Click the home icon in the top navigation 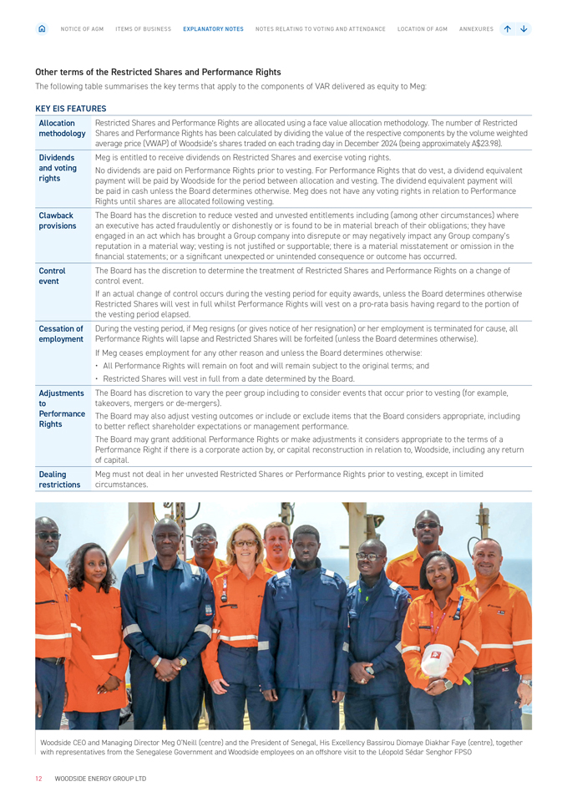pos(43,28)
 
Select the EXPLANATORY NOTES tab pos(213,29)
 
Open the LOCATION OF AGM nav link pos(422,29)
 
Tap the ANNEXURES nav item pos(476,29)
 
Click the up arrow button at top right pos(508,28)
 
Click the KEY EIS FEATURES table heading pos(71,109)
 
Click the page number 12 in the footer pos(38,779)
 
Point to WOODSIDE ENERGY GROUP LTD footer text pos(100,779)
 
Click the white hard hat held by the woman pos(438,661)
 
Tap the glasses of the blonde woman pos(246,543)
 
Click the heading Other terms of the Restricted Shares pos(158,72)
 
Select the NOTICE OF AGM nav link pos(82,29)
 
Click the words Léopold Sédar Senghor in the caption pos(413,752)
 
